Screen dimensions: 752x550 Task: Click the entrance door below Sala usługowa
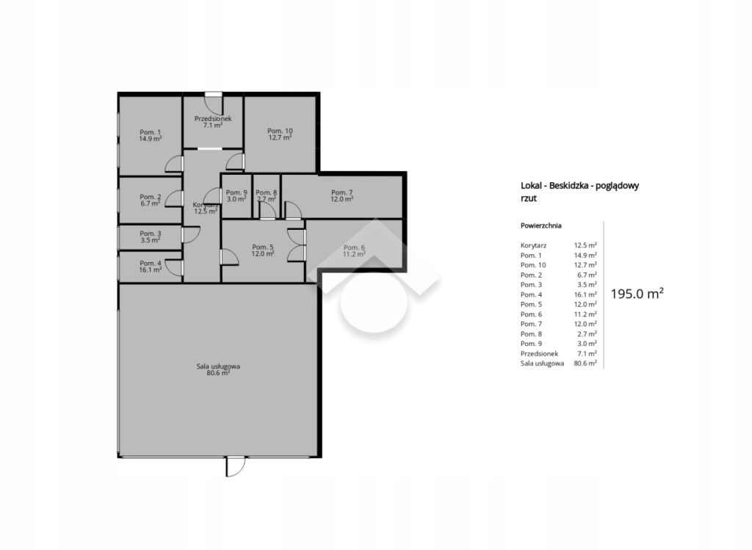tap(236, 466)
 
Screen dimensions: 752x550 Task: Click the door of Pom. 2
tap(175, 198)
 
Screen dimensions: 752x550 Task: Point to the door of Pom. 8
tap(267, 210)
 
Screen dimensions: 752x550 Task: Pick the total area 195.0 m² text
tap(637, 294)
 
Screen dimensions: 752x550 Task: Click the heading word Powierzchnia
tap(541, 225)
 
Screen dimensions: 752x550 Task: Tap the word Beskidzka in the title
tap(570, 186)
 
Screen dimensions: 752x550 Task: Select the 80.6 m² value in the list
tap(585, 363)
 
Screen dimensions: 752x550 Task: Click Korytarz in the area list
tap(533, 245)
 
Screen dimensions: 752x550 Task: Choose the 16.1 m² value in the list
tap(585, 294)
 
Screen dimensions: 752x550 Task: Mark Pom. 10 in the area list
tap(533, 265)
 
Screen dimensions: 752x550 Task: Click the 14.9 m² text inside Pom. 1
tap(151, 139)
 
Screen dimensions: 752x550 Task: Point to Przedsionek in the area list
tap(540, 353)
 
